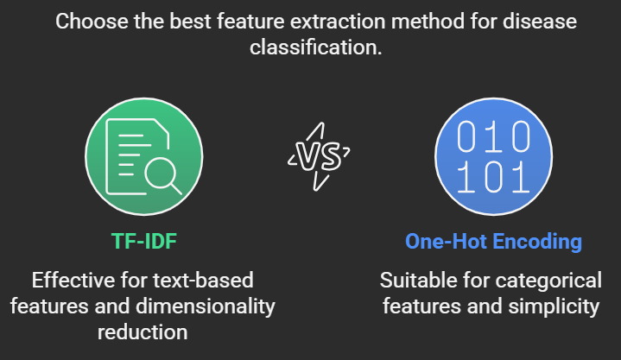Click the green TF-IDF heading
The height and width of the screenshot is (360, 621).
coord(144,242)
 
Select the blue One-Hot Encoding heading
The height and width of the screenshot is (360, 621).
coord(493,242)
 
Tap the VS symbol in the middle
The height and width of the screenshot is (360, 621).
coord(319,155)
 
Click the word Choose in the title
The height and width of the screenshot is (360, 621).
coord(91,20)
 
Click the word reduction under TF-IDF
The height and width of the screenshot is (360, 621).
coord(144,332)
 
